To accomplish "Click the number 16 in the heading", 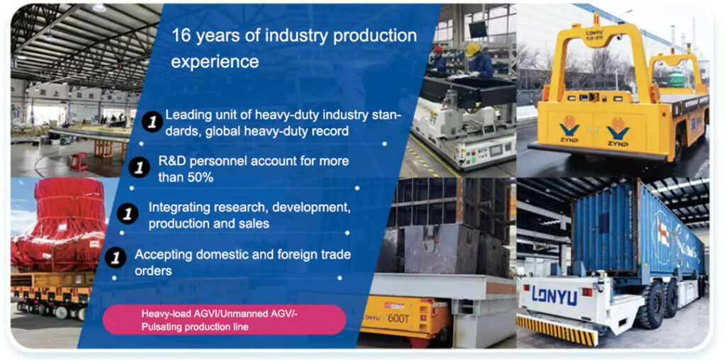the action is (x=181, y=36).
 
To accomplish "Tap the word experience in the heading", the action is (x=215, y=62).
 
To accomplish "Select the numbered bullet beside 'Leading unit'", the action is (x=152, y=122).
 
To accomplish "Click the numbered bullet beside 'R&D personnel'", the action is (x=139, y=169).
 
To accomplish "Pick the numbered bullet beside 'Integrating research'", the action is (x=128, y=215).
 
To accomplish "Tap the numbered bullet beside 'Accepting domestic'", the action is (x=116, y=258).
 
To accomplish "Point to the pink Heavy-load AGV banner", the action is (x=224, y=320).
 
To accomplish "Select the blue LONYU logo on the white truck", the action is (x=554, y=296).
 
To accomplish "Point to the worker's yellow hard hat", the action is (x=471, y=50).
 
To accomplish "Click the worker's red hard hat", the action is (x=437, y=50).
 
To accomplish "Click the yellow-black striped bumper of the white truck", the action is (x=556, y=330).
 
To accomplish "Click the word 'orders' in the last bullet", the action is (x=153, y=271).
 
